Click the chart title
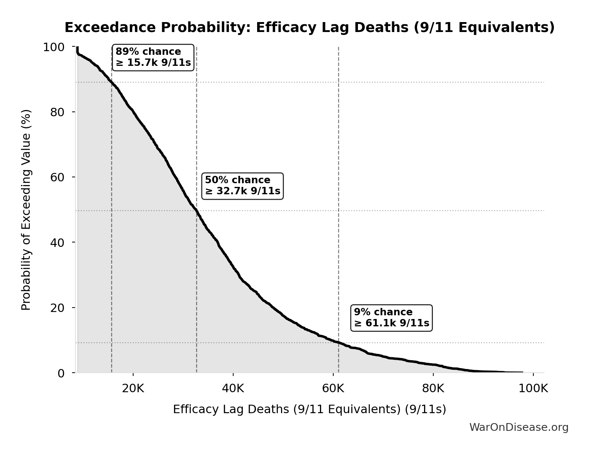[309, 28]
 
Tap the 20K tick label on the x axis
[133, 389]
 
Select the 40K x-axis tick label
[233, 389]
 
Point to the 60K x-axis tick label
[333, 389]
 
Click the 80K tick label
[433, 389]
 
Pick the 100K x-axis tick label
[533, 389]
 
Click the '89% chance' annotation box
[153, 57]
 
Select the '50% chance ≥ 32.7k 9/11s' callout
[242, 186]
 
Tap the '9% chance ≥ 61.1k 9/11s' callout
[391, 318]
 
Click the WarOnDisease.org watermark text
[519, 427]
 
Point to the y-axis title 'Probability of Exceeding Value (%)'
[26, 210]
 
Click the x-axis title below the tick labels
[309, 409]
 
